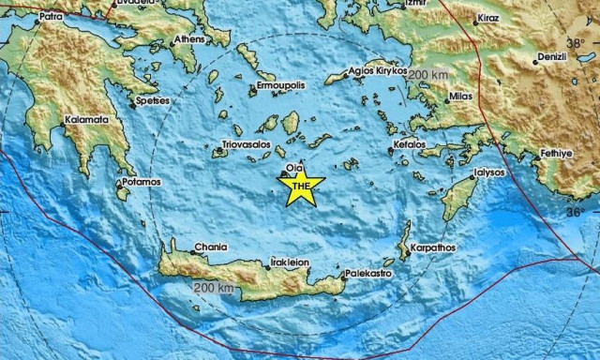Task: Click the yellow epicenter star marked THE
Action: click(x=300, y=187)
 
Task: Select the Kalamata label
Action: click(x=86, y=120)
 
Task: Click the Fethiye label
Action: click(x=557, y=153)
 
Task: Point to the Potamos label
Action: click(x=142, y=181)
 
